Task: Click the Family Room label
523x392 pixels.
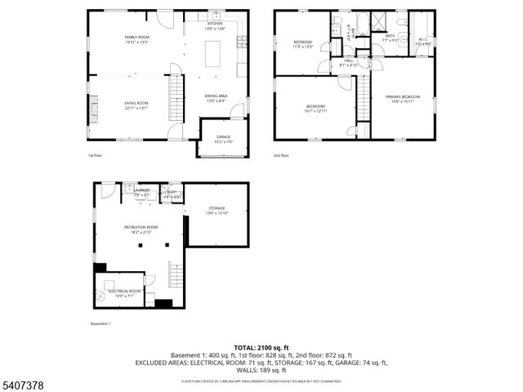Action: [136, 38]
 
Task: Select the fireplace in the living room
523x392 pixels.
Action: [94, 106]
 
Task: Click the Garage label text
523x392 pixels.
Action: [223, 136]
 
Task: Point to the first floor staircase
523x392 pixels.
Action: [173, 97]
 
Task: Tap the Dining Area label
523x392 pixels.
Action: [216, 96]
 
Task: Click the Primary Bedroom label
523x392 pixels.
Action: [402, 96]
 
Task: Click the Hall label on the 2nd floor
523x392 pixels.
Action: [348, 60]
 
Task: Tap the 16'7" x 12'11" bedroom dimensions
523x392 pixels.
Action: [315, 110]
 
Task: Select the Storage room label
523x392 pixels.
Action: [217, 209]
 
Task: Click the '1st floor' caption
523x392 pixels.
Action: [95, 155]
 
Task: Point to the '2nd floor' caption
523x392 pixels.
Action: [281, 155]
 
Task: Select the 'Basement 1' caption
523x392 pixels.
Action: [100, 324]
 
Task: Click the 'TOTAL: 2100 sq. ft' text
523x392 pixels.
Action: [261, 347]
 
